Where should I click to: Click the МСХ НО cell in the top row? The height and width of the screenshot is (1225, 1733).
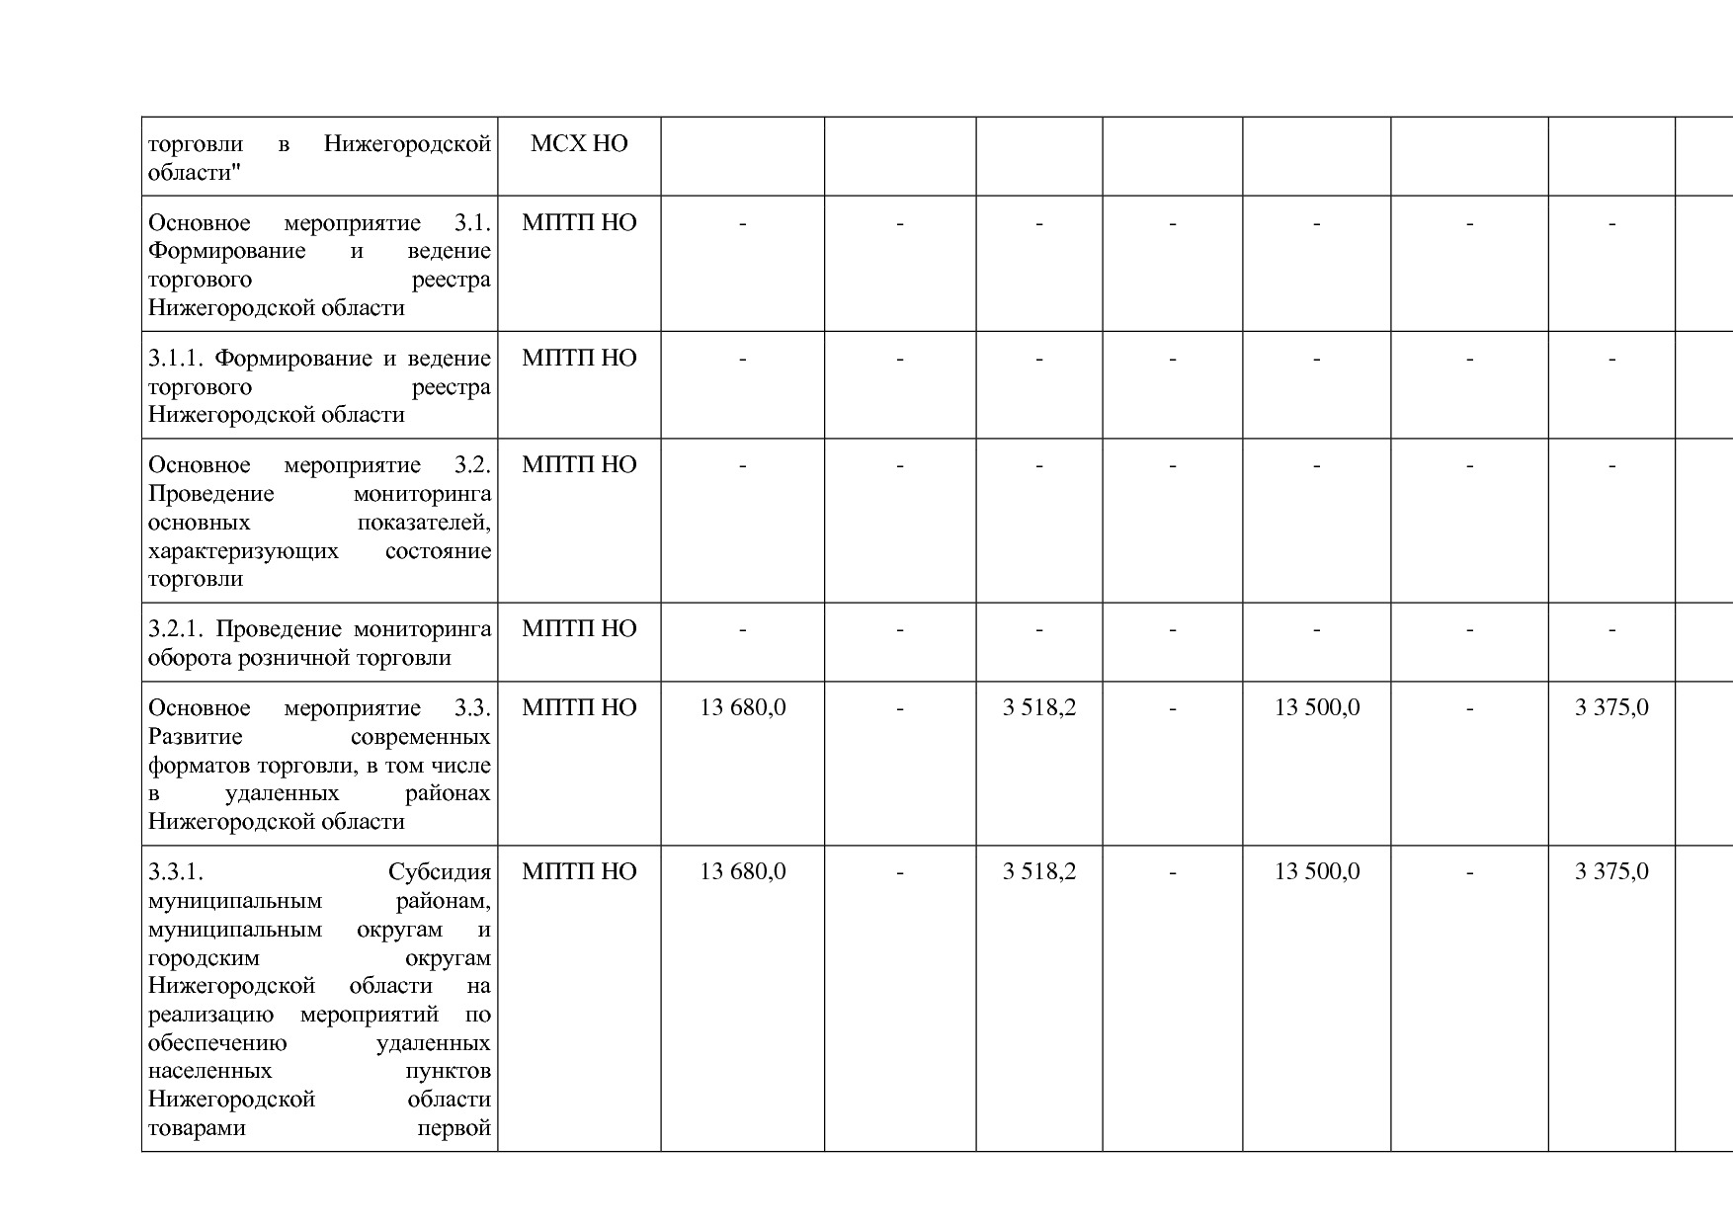coord(579,144)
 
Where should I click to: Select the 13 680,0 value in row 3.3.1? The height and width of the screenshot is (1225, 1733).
coord(742,871)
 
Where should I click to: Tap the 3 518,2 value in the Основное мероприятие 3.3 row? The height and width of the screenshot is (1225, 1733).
coord(1038,707)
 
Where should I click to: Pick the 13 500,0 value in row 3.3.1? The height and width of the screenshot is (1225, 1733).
coord(1316,871)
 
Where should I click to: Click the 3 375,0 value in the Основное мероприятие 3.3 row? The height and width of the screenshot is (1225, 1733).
coord(1611,707)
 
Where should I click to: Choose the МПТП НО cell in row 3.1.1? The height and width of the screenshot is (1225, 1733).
coord(579,358)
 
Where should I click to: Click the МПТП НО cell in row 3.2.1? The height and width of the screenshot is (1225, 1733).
coord(579,628)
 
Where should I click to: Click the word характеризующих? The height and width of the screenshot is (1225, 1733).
coord(243,551)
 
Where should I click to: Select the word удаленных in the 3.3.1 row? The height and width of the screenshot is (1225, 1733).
coord(433,1043)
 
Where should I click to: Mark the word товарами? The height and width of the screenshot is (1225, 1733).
coord(197,1128)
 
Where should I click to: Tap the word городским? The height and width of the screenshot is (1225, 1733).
coord(204,958)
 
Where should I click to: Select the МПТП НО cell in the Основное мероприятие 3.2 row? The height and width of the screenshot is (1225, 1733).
coord(579,464)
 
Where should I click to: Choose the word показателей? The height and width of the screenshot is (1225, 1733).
coord(424,523)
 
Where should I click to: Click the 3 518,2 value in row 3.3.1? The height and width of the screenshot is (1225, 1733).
coord(1038,871)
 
